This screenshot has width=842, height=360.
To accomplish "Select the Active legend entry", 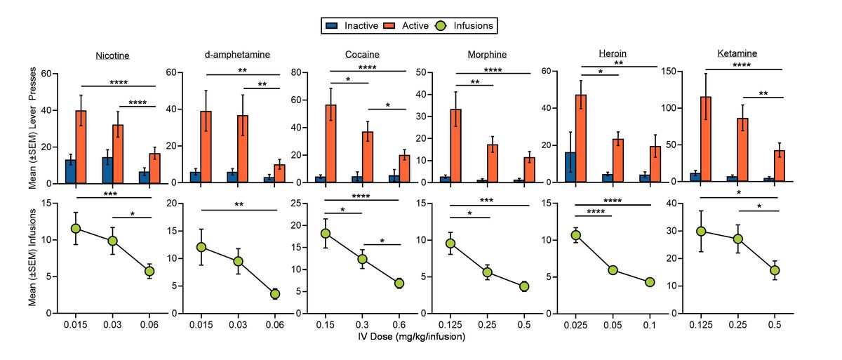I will coord(410,26).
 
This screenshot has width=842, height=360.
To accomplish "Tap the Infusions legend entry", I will coord(467,26).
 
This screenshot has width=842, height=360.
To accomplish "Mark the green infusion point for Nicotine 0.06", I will coord(149,271).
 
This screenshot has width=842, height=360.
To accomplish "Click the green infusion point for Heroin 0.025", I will coord(576,234).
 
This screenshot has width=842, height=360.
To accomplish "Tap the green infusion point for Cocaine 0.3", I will coord(362,259).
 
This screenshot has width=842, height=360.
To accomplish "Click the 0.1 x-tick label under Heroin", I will coord(650,325).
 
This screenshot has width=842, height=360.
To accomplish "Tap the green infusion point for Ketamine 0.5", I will coord(775,270).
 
